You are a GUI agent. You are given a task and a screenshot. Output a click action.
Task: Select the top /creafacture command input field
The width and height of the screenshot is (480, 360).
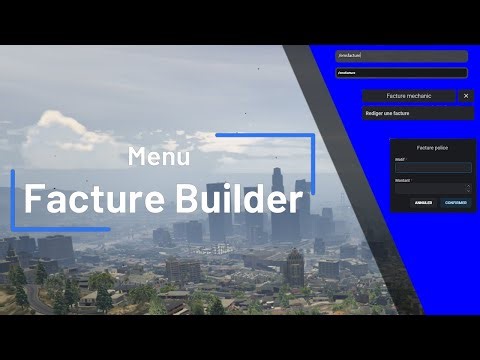click(x=401, y=56)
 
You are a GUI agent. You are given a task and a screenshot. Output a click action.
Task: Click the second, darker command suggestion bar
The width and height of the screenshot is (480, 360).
click(x=401, y=72)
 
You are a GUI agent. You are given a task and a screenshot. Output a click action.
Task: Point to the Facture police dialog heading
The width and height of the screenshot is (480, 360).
click(x=432, y=147)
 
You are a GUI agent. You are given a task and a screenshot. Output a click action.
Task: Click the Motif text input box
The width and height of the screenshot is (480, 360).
click(x=432, y=167)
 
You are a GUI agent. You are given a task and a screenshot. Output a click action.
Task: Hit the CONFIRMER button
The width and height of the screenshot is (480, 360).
click(x=455, y=202)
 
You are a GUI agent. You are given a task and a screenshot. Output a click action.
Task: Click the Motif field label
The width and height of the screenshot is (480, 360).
click(x=400, y=158)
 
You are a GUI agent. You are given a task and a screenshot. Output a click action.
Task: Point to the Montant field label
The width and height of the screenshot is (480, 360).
click(x=402, y=179)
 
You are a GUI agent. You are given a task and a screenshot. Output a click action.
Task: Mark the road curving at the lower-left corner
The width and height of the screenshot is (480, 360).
click(x=35, y=296)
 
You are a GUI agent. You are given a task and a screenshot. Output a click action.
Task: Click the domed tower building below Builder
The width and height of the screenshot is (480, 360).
click(x=294, y=265)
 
